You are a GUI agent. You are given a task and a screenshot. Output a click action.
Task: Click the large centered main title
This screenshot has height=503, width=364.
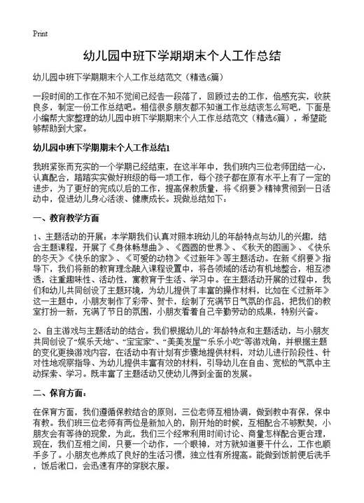pos(181,54)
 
